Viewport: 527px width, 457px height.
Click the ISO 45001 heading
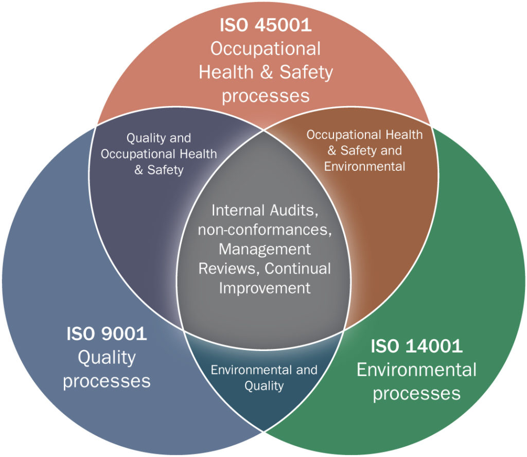[x=265, y=26]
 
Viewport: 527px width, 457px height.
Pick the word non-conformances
[x=263, y=230]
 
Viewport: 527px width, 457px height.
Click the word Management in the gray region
[x=265, y=249]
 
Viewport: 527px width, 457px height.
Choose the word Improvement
[x=265, y=288]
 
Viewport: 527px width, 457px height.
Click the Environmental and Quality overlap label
[x=264, y=378]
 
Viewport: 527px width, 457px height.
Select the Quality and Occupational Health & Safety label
[x=159, y=154]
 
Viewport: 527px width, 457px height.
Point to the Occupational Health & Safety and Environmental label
[x=364, y=150]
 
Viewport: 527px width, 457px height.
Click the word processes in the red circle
[x=266, y=96]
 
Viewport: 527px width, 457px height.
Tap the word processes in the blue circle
[x=107, y=381]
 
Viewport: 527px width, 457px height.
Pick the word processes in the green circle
[x=416, y=394]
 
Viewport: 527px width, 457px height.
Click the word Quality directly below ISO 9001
[x=107, y=358]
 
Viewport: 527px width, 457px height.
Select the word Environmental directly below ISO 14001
[x=416, y=370]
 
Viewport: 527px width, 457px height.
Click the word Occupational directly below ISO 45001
[x=266, y=49]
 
